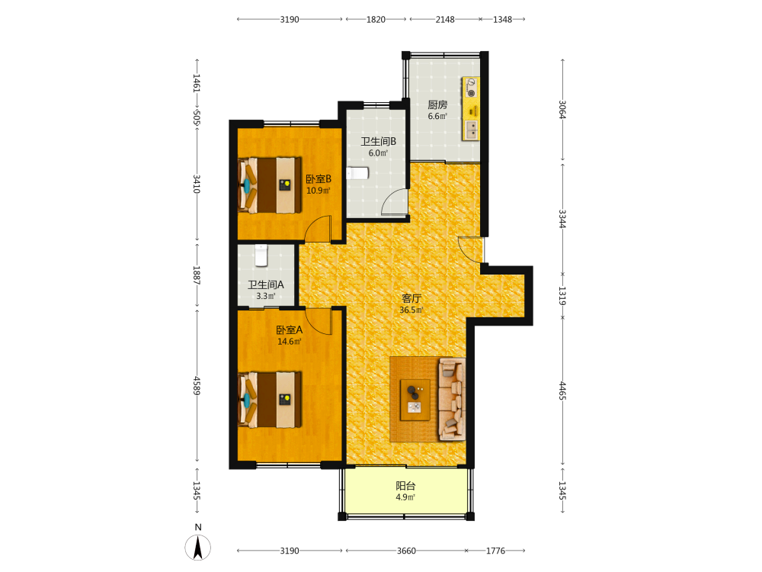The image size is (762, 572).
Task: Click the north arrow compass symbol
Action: [x=198, y=547]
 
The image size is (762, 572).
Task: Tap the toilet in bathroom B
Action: [x=357, y=172]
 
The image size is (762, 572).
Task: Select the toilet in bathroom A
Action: [x=261, y=255]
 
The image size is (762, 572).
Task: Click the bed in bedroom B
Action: [x=270, y=185]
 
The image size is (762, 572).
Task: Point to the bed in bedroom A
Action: [x=270, y=400]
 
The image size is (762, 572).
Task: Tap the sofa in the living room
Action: [x=452, y=400]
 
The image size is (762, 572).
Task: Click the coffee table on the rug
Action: [x=415, y=400]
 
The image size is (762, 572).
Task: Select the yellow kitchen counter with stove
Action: [x=470, y=108]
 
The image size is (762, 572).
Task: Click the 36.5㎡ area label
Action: [x=411, y=310]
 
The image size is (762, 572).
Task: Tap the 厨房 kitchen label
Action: [x=437, y=104]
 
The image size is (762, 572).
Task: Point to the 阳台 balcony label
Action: [x=405, y=485]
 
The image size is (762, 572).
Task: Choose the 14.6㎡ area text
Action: [x=289, y=342]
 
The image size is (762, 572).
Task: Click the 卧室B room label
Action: [x=319, y=179]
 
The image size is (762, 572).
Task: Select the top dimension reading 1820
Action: [x=376, y=20]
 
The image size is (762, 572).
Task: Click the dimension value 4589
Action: [x=197, y=386]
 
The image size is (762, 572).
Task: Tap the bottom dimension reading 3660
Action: [x=406, y=551]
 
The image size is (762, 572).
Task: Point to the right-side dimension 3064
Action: [x=562, y=109]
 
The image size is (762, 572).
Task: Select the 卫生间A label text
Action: [x=266, y=284]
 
